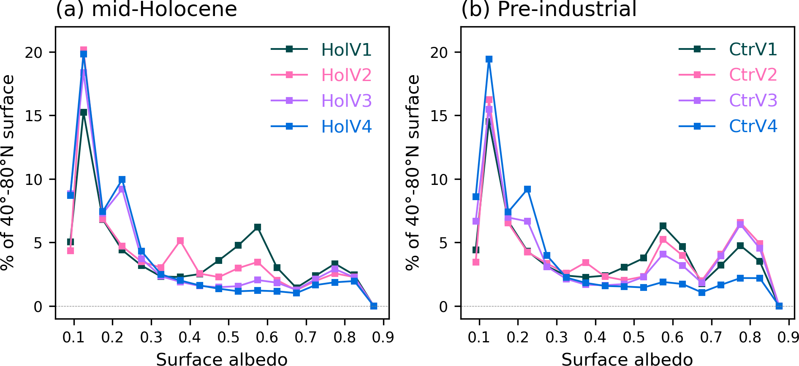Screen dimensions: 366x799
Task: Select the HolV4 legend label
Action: coord(346,127)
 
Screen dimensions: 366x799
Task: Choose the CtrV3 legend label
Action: coord(753,100)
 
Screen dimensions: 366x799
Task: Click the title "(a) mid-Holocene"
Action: coord(147,9)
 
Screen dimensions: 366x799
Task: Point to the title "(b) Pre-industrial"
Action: coord(549,9)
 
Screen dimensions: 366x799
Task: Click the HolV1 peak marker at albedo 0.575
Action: coord(258,227)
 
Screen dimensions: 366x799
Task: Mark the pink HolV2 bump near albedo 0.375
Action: coord(180,241)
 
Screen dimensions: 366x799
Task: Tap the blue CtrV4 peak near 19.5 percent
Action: coord(489,59)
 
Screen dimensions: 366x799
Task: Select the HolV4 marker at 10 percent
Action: coord(122,179)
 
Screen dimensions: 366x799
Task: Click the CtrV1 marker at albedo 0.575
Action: coord(663,226)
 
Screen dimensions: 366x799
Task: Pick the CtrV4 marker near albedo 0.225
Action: coord(527,189)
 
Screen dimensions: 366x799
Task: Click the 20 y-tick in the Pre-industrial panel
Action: coord(439,52)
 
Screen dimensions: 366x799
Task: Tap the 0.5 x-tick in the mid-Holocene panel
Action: coord(228,338)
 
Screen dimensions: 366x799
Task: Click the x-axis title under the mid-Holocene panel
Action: coord(222,359)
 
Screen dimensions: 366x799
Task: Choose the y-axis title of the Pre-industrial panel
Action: coord(413,172)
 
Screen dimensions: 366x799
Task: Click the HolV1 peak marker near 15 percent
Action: coord(84,112)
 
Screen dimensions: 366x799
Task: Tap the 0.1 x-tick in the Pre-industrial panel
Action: coord(479,338)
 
